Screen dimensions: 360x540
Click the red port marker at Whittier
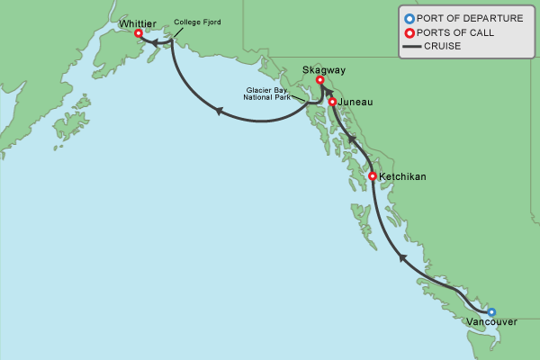click(139, 33)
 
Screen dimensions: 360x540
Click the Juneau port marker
click(333, 103)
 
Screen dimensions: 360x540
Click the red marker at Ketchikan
click(373, 176)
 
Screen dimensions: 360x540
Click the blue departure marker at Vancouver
click(491, 312)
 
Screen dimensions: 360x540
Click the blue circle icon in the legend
click(409, 18)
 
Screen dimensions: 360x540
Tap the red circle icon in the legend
click(409, 32)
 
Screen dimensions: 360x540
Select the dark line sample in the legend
click(409, 46)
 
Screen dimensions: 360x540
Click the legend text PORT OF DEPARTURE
click(470, 18)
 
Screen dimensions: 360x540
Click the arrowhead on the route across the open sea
click(218, 109)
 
